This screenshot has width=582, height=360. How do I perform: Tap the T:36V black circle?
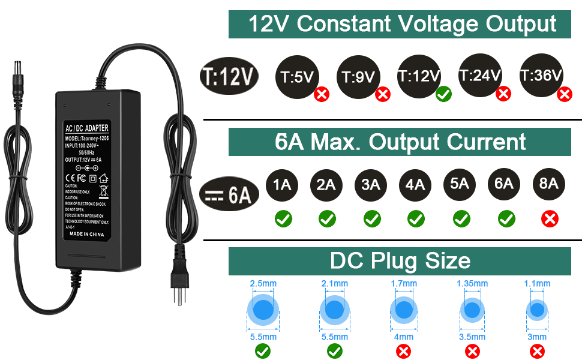(x=541, y=76)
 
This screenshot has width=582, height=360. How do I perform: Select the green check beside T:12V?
(x=443, y=94)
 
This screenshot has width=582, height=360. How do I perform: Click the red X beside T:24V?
(x=503, y=93)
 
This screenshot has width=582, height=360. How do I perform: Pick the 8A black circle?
(x=548, y=184)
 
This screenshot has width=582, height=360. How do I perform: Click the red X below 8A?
(x=549, y=219)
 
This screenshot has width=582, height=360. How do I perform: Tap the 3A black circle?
(x=371, y=184)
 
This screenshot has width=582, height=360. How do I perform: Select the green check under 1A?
(x=283, y=219)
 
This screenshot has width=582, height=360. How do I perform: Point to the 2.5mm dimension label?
(x=262, y=283)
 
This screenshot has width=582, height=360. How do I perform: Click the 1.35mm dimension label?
(x=472, y=283)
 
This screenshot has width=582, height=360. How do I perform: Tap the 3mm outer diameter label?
(x=537, y=337)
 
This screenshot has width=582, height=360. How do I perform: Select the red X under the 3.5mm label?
(x=473, y=351)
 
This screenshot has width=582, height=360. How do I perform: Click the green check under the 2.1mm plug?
(x=334, y=351)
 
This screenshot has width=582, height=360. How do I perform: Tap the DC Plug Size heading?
(x=400, y=261)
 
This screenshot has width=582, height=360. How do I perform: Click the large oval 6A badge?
(x=229, y=194)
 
